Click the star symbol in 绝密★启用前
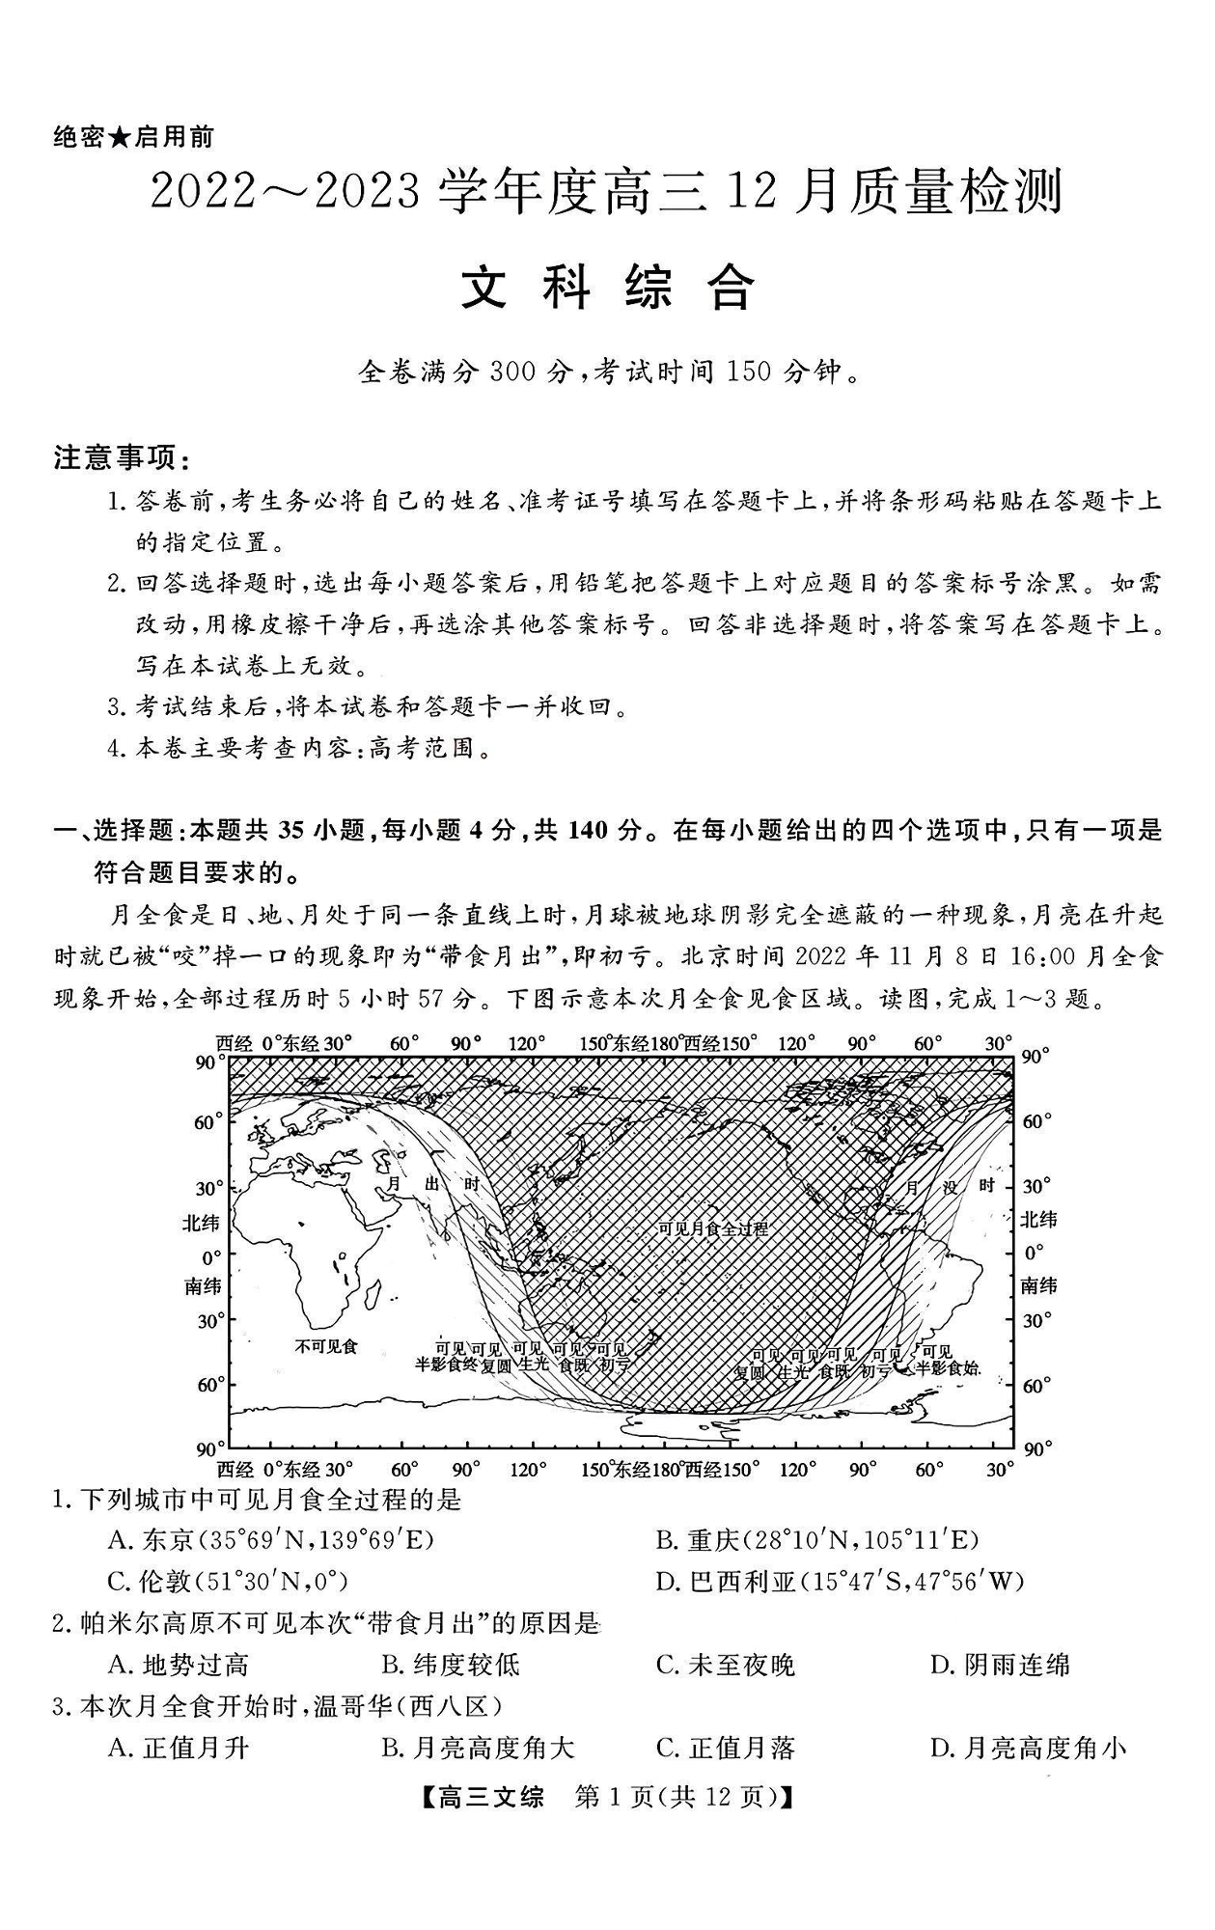[x=119, y=138]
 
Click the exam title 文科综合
[x=607, y=287]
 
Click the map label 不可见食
[x=326, y=1345]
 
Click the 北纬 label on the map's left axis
[x=201, y=1223]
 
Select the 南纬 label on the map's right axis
[x=1038, y=1285]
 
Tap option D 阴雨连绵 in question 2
[x=1000, y=1665]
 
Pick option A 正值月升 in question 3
[x=179, y=1748]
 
